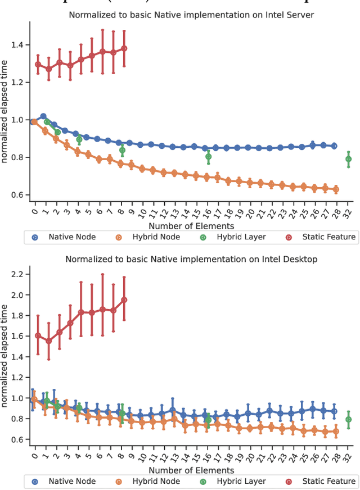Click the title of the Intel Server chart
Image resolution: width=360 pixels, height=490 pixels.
191,15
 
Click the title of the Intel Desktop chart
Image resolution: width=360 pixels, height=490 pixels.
191,259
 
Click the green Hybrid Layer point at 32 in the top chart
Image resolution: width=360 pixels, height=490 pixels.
349,159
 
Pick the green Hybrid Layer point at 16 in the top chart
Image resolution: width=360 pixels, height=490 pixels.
209,156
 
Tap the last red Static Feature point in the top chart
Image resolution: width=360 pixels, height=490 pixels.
124,48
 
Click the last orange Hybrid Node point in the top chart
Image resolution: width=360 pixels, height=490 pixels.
336,189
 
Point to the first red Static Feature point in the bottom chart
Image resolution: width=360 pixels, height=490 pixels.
38,335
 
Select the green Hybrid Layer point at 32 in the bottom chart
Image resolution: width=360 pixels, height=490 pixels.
349,419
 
